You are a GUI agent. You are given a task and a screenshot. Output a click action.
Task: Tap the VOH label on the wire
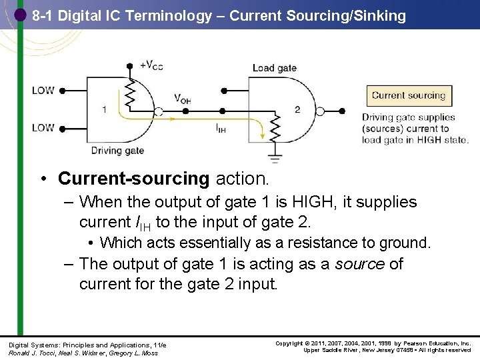[x=182, y=99]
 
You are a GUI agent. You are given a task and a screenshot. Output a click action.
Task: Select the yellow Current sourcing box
[x=409, y=95]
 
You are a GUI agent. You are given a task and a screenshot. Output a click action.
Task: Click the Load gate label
[x=275, y=68]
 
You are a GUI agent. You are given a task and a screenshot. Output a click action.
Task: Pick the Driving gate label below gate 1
[x=117, y=151]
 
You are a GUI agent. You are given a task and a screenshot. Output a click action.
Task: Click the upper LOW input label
[x=43, y=90]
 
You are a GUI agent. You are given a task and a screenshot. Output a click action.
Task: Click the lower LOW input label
[x=43, y=127]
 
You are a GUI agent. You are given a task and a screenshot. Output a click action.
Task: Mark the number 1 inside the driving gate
[x=104, y=109]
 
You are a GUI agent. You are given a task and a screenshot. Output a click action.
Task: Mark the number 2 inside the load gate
[x=297, y=109]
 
